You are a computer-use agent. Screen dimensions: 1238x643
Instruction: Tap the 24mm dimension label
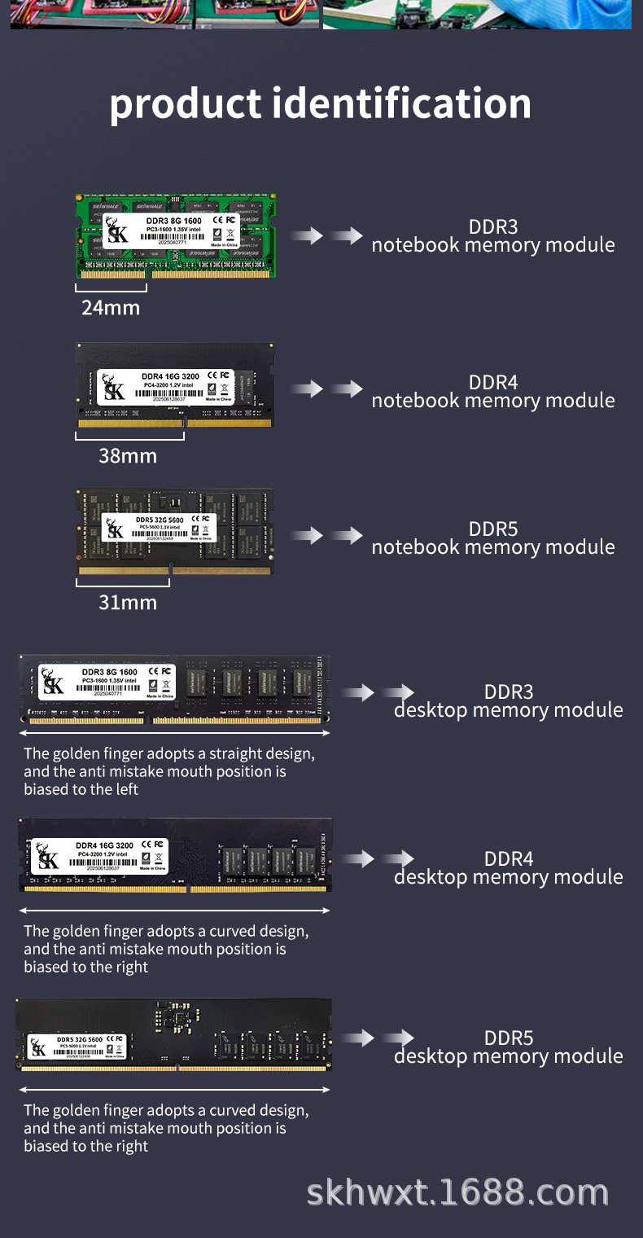111,308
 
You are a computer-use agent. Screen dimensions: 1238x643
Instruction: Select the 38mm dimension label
128,456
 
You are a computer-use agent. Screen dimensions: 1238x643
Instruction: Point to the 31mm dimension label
128,603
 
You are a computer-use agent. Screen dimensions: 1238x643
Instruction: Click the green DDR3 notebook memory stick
176,235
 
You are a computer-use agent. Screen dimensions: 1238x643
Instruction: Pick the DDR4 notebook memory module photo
175,385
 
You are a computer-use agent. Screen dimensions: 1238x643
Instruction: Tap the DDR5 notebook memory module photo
174,532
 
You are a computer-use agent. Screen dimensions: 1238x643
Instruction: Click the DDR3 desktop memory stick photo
174,690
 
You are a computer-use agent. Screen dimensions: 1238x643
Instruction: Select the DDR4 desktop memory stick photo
175,855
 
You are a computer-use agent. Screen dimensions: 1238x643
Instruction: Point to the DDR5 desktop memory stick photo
174,1034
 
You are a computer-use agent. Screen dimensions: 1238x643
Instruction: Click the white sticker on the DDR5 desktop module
77,1046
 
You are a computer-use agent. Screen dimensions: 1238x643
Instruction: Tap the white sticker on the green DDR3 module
170,232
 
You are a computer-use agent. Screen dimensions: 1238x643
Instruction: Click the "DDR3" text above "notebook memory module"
493,227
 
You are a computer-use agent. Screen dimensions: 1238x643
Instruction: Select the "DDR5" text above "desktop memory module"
509,1038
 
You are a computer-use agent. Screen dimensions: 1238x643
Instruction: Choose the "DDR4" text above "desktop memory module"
509,859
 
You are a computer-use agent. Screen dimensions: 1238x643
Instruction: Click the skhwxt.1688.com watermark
457,1193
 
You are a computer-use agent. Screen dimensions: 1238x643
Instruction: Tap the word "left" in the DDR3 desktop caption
125,789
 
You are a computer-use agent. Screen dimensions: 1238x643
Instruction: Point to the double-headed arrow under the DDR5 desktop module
174,1089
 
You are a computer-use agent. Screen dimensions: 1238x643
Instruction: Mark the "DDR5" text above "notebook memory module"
493,529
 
